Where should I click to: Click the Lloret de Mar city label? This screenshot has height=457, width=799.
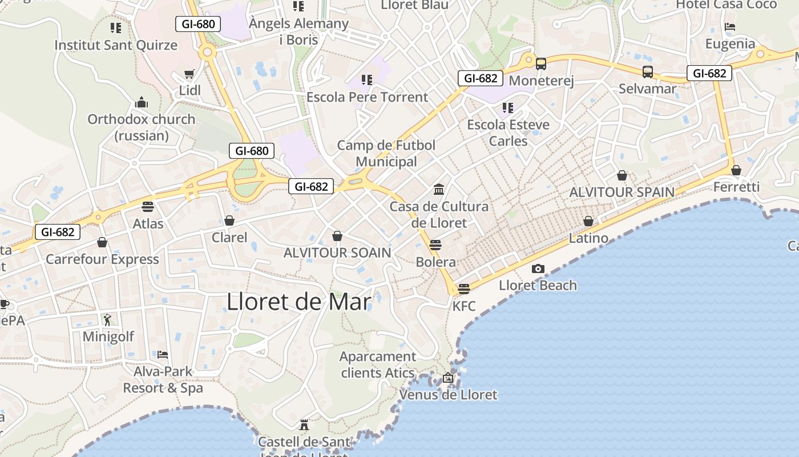(299, 302)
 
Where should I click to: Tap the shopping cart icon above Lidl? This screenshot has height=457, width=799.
(189, 74)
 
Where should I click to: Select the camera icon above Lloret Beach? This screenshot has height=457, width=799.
(538, 268)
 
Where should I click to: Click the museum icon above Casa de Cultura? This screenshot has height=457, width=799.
(439, 189)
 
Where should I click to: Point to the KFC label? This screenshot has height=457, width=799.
(463, 306)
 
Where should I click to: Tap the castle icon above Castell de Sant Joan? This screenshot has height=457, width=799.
(304, 425)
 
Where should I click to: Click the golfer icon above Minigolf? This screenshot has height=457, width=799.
(108, 320)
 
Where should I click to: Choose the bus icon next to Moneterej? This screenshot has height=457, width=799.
(540, 64)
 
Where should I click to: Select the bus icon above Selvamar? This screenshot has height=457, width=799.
(647, 72)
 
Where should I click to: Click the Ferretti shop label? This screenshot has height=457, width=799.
(736, 187)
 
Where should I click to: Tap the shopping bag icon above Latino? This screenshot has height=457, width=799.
(588, 221)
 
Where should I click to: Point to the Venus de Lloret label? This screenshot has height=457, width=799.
(448, 395)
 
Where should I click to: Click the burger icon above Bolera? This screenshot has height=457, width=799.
(435, 245)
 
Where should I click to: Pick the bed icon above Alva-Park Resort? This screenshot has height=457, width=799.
(163, 355)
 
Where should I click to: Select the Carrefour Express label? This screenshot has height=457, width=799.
(102, 259)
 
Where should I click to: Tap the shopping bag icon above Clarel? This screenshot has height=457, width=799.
(229, 221)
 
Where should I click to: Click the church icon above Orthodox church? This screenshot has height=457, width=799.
(141, 103)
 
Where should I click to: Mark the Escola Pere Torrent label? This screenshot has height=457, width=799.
(367, 97)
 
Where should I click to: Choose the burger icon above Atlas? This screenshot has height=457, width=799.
(148, 207)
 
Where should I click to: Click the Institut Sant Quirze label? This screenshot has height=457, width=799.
(116, 45)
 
